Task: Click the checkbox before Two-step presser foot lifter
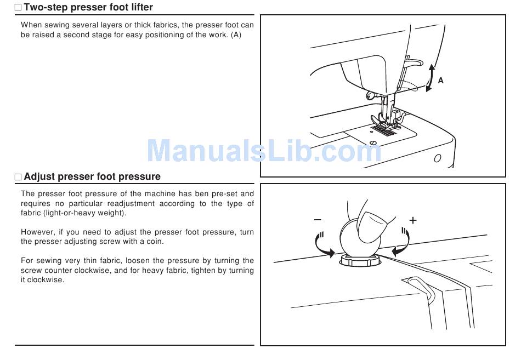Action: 18,8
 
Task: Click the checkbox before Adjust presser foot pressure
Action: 18,178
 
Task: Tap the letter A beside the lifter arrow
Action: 440,81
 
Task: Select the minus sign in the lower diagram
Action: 318,220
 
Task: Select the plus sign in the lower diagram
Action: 413,220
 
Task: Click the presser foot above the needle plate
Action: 384,121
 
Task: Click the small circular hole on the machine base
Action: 437,159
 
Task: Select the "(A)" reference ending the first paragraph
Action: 236,35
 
